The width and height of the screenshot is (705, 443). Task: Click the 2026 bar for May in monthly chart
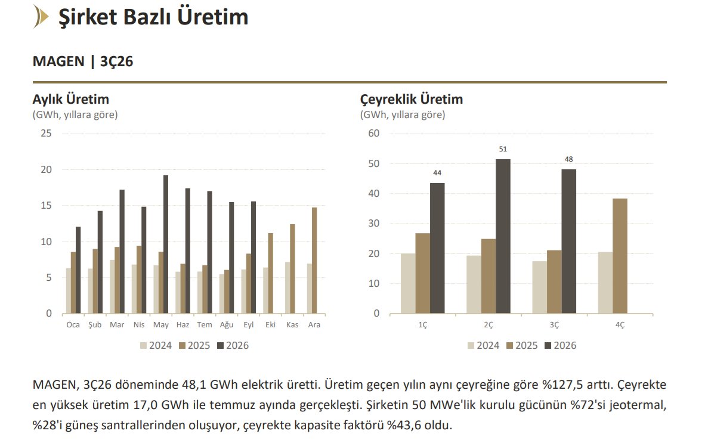point(166,244)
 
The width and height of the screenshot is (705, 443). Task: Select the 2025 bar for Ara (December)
point(314,261)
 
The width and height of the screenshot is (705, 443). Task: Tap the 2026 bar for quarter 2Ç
point(503,236)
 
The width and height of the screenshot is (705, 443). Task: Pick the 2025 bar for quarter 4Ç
point(620,256)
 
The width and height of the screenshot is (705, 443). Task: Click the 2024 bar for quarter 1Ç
point(408,283)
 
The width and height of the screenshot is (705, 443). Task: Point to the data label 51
point(503,149)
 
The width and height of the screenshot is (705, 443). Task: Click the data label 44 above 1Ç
point(437,173)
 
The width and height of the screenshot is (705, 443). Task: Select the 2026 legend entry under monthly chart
point(233,345)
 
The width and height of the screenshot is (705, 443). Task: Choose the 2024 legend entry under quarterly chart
point(483,345)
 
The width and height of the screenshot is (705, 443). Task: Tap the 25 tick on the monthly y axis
point(47,134)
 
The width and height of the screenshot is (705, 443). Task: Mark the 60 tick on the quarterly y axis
point(373,134)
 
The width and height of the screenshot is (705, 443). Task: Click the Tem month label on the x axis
point(205,325)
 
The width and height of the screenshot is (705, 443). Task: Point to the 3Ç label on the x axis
point(554,325)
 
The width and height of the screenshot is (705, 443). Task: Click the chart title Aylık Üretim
point(70,99)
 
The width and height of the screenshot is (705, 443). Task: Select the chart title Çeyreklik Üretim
point(412,99)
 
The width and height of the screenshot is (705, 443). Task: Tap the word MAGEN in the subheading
point(58,61)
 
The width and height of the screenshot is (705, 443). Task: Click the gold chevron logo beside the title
point(41,17)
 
